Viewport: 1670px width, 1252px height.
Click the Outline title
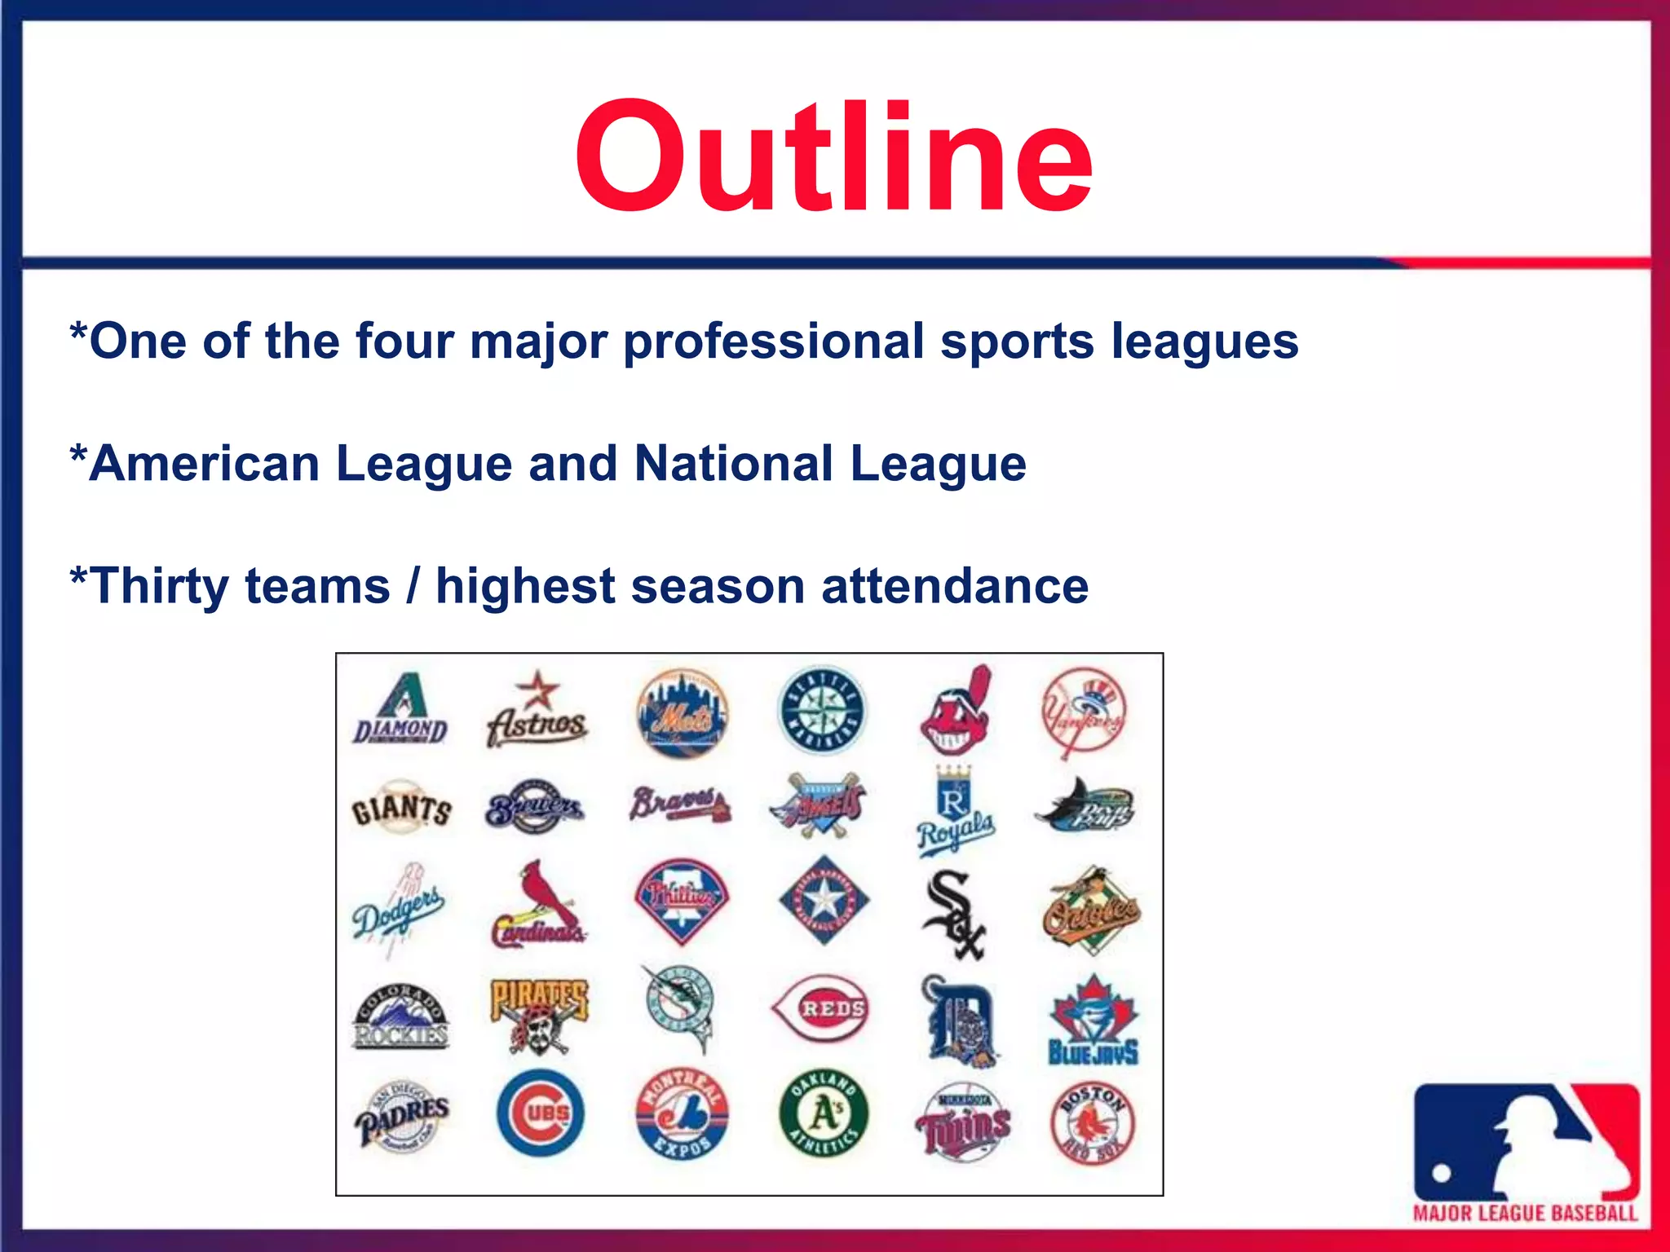[x=833, y=156]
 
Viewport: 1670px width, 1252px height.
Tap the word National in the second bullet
[x=734, y=464]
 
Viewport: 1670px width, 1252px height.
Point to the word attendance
[x=955, y=587]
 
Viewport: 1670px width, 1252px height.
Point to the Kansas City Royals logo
[x=955, y=812]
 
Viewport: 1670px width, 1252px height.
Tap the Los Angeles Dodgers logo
[x=399, y=908]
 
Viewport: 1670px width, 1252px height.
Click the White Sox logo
[x=954, y=913]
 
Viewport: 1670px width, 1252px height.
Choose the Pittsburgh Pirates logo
[x=538, y=1016]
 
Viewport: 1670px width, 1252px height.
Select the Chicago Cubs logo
[x=541, y=1113]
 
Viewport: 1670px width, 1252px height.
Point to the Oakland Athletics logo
[x=824, y=1113]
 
